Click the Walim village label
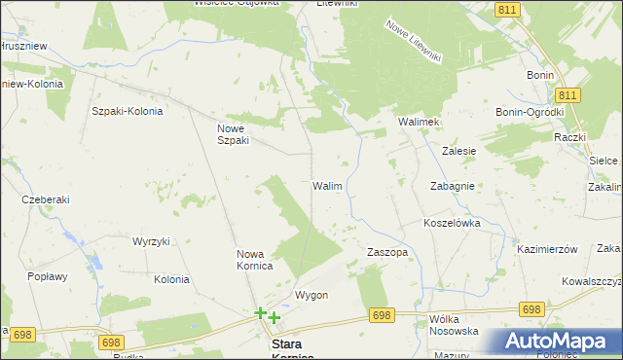(x=326, y=185)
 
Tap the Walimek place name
(x=420, y=122)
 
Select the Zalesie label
(x=458, y=151)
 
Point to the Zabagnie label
(x=452, y=185)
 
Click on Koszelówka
(x=452, y=223)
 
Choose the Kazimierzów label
(x=547, y=249)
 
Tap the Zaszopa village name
(x=386, y=251)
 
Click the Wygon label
(x=311, y=295)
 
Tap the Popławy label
(x=48, y=276)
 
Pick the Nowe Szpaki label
(x=234, y=133)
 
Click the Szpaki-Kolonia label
(x=128, y=110)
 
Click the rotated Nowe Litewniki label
(x=414, y=42)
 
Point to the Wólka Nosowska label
(x=454, y=325)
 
